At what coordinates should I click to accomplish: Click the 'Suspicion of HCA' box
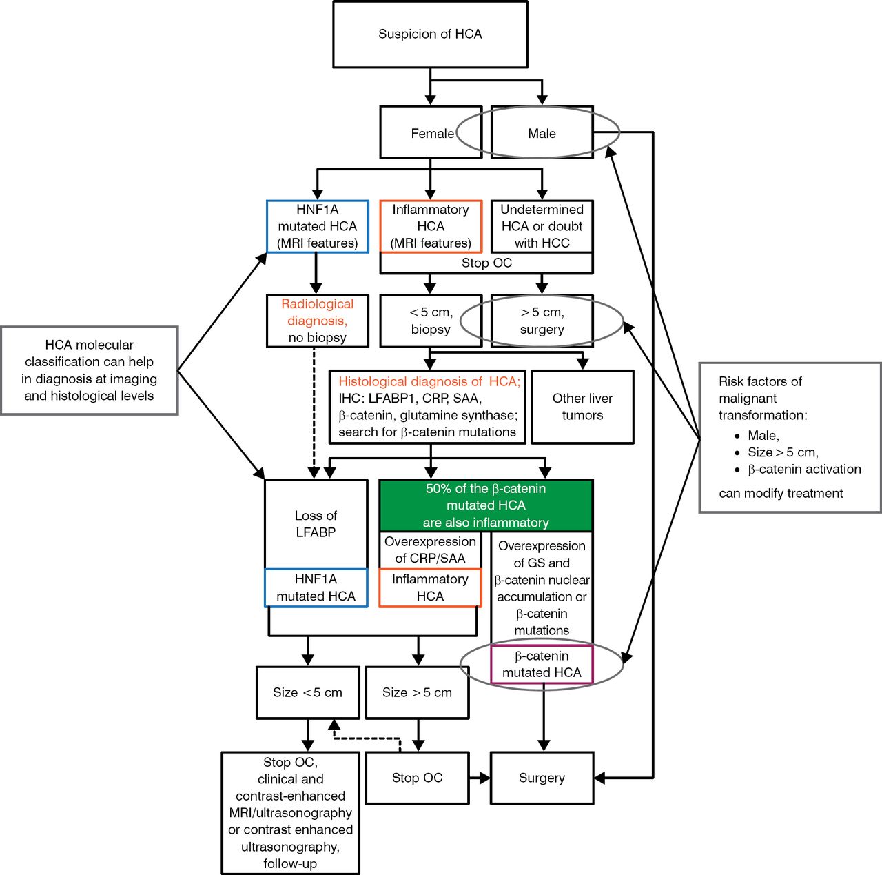(x=430, y=34)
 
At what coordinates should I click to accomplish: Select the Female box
(x=430, y=133)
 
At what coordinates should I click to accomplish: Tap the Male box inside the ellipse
(x=542, y=133)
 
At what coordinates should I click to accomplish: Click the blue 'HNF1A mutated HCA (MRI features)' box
(x=317, y=226)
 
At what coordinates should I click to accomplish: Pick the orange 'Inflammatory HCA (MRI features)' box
(x=430, y=226)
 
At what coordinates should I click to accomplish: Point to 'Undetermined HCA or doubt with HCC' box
(x=542, y=226)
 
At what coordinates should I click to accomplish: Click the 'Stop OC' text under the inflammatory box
(x=486, y=263)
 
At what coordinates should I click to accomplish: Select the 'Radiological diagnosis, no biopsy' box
(x=317, y=321)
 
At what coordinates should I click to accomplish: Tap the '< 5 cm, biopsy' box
(x=430, y=321)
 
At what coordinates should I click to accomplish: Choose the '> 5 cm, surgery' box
(x=542, y=321)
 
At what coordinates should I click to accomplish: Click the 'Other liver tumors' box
(x=582, y=407)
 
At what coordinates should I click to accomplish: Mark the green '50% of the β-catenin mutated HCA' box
(x=486, y=505)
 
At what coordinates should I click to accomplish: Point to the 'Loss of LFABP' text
(x=316, y=524)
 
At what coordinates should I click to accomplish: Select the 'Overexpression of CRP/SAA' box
(x=430, y=550)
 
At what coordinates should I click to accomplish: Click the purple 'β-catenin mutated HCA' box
(x=542, y=664)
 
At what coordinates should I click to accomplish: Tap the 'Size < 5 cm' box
(x=307, y=692)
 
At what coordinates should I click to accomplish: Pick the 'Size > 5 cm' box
(x=417, y=692)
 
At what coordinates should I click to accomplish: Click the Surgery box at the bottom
(x=542, y=778)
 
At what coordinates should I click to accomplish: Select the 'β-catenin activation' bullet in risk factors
(x=803, y=469)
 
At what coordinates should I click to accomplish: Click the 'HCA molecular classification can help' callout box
(x=90, y=370)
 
